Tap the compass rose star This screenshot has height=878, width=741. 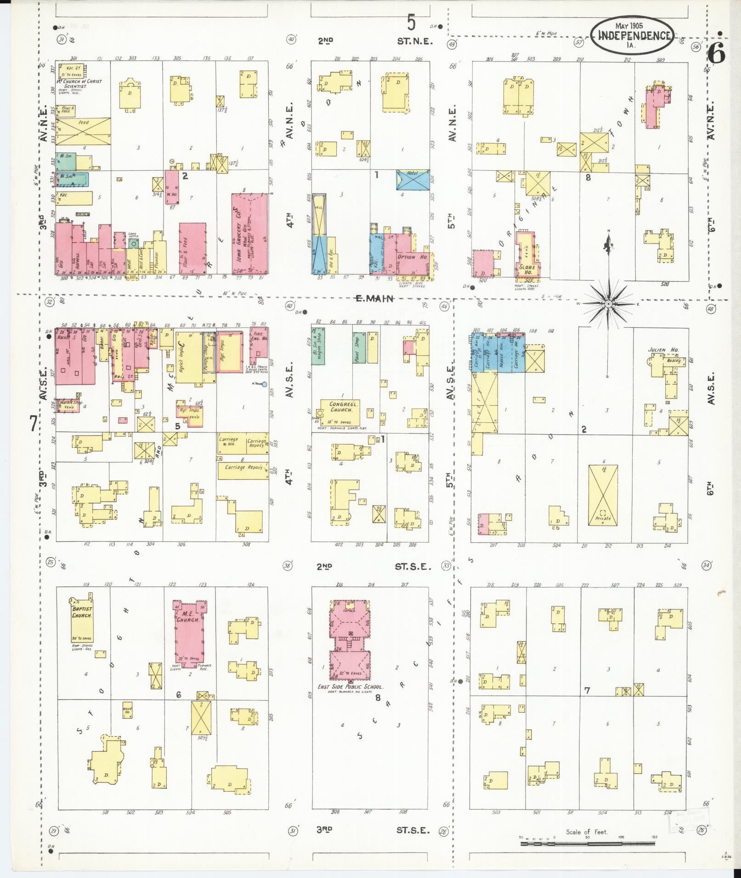click(608, 304)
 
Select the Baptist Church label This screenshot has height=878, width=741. click(82, 613)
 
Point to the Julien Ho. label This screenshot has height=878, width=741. click(660, 350)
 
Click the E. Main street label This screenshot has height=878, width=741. click(375, 299)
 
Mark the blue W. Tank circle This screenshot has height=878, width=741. click(265, 384)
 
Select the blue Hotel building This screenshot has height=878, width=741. click(414, 179)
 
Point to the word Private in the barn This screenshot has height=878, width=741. click(603, 518)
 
